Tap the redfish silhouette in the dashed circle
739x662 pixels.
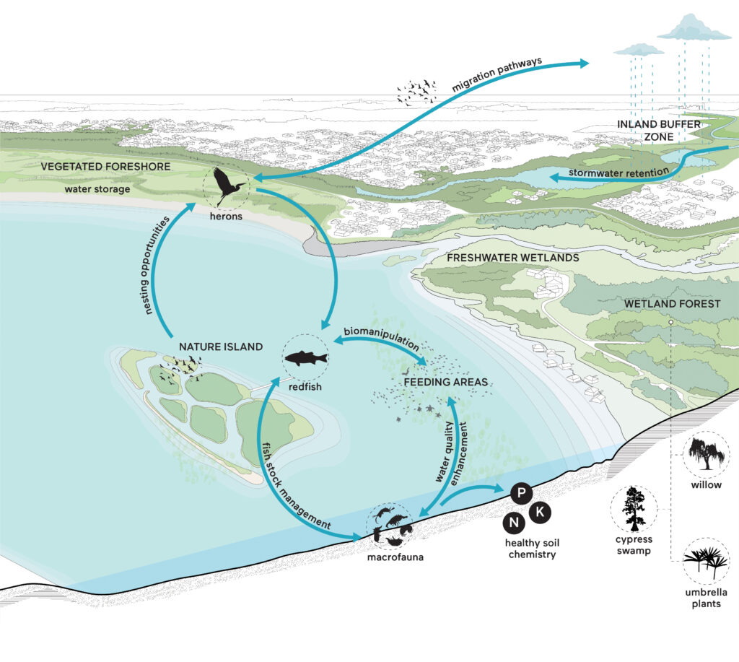pos(306,359)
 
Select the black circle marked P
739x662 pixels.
pos(521,493)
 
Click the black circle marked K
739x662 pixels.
pos(540,512)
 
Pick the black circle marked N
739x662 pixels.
pos(514,523)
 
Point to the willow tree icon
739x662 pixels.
pos(706,453)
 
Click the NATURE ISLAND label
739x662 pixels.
pos(221,347)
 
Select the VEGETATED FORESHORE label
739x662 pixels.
pos(105,167)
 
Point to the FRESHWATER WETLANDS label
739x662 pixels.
pos(513,258)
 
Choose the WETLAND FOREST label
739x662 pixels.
pos(673,304)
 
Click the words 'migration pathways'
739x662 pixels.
pos(497,74)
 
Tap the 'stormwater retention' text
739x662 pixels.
pos(618,172)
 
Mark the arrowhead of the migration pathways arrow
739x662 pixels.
pos(585,64)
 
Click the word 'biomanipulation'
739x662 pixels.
pos(381,338)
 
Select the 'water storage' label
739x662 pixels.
pos(97,189)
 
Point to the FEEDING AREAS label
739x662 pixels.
pos(446,382)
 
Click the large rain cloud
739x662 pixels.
pos(694,28)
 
